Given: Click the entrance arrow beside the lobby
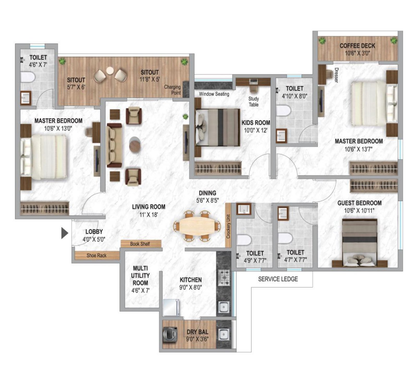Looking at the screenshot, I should coord(64,233).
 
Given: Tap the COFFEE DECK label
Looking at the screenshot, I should coord(357,46).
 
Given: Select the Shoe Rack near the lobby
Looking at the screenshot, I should coord(96,256).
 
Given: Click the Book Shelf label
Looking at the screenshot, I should coord(140,244).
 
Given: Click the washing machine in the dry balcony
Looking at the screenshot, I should coord(170,334).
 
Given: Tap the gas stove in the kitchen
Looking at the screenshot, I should coord(224,277).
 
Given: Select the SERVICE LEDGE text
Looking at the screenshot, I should coord(278,279).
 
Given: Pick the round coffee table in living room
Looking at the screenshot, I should coord(135,144).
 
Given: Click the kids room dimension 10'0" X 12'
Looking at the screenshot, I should coord(255,130).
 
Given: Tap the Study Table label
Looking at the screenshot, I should coord(253,101).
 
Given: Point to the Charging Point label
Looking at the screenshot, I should coord(173,90).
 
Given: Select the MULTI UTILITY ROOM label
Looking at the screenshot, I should coord(140,275).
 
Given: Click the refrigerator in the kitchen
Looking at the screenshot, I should coord(171,307).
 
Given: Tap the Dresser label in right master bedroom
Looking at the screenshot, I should coord(336,75).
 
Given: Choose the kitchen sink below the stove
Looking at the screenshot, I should coord(224,307).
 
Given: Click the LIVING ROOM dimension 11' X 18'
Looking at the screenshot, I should coord(149,215).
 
